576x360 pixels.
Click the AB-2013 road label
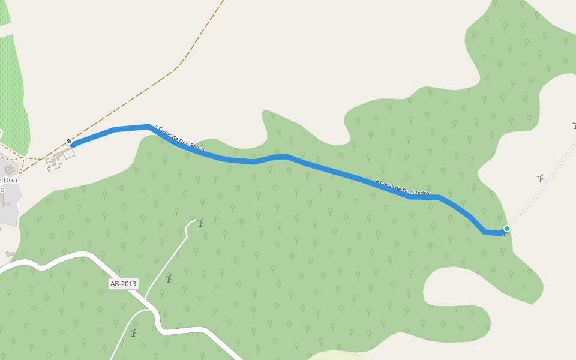pos(124,283)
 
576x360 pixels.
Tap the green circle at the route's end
pos(507,229)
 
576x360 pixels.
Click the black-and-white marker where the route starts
pos(70,142)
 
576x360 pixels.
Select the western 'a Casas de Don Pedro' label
pos(179,138)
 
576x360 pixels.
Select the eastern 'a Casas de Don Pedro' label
pos(402,188)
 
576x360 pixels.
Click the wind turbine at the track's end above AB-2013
pos(200,223)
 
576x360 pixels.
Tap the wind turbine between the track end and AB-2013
pos(169,278)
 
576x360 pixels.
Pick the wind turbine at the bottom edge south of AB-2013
pos(133,332)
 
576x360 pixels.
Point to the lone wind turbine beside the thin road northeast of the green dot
pos(540,178)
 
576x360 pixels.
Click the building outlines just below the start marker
pos(59,158)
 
